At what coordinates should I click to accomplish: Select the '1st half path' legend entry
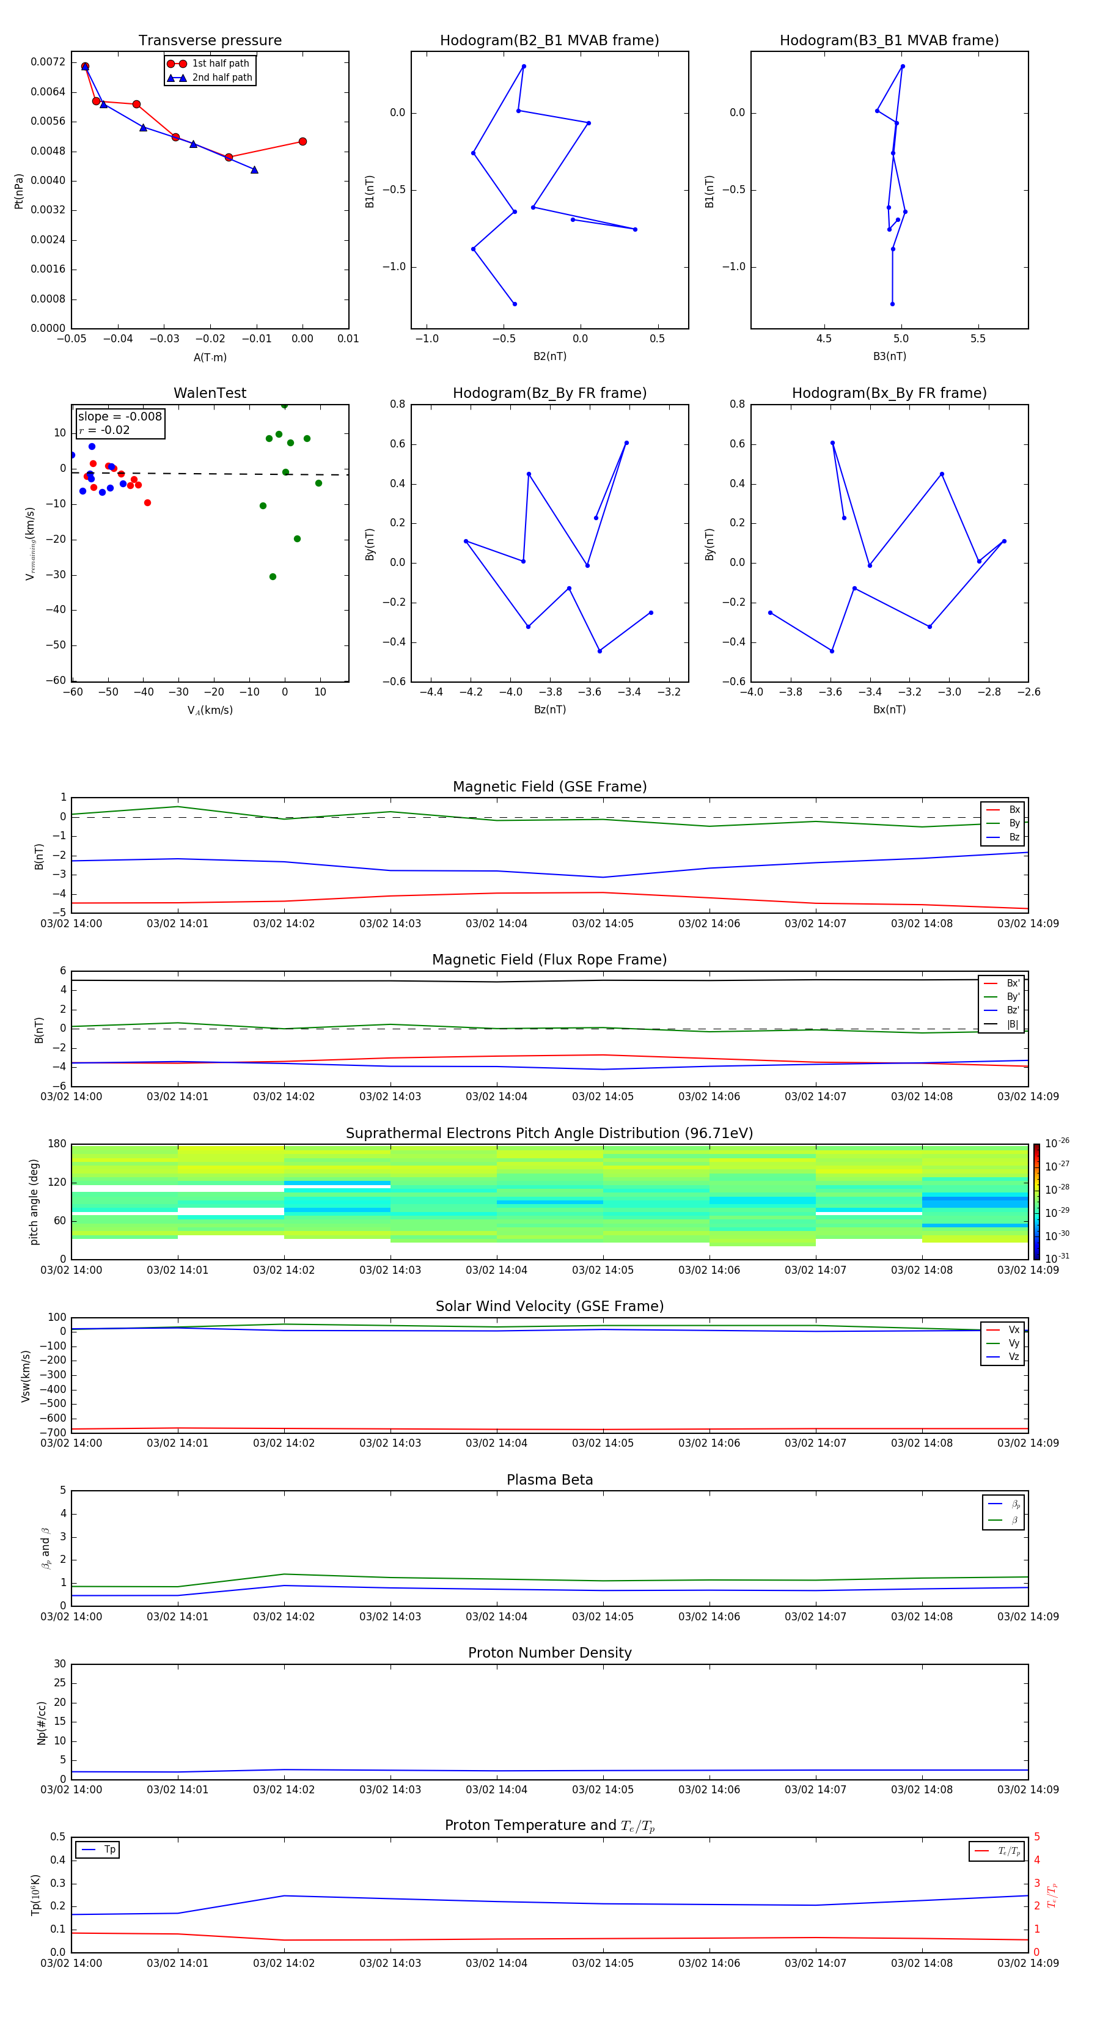[220, 64]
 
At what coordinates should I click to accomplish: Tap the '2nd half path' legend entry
[222, 78]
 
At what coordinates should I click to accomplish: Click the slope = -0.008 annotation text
[120, 417]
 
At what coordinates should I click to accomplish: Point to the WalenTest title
[210, 393]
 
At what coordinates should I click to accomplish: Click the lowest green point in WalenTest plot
[273, 577]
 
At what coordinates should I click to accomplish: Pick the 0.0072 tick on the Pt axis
[48, 62]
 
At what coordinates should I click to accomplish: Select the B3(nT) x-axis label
[889, 356]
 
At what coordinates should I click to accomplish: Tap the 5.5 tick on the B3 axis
[978, 339]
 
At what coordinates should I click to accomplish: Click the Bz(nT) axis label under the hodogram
[549, 710]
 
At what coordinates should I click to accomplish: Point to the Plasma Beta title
[549, 1480]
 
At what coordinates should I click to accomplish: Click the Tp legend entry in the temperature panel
[109, 1850]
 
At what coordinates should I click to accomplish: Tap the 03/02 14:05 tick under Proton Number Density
[603, 1789]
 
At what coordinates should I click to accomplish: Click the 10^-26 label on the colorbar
[1057, 1143]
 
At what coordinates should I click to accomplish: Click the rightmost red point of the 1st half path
[303, 142]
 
